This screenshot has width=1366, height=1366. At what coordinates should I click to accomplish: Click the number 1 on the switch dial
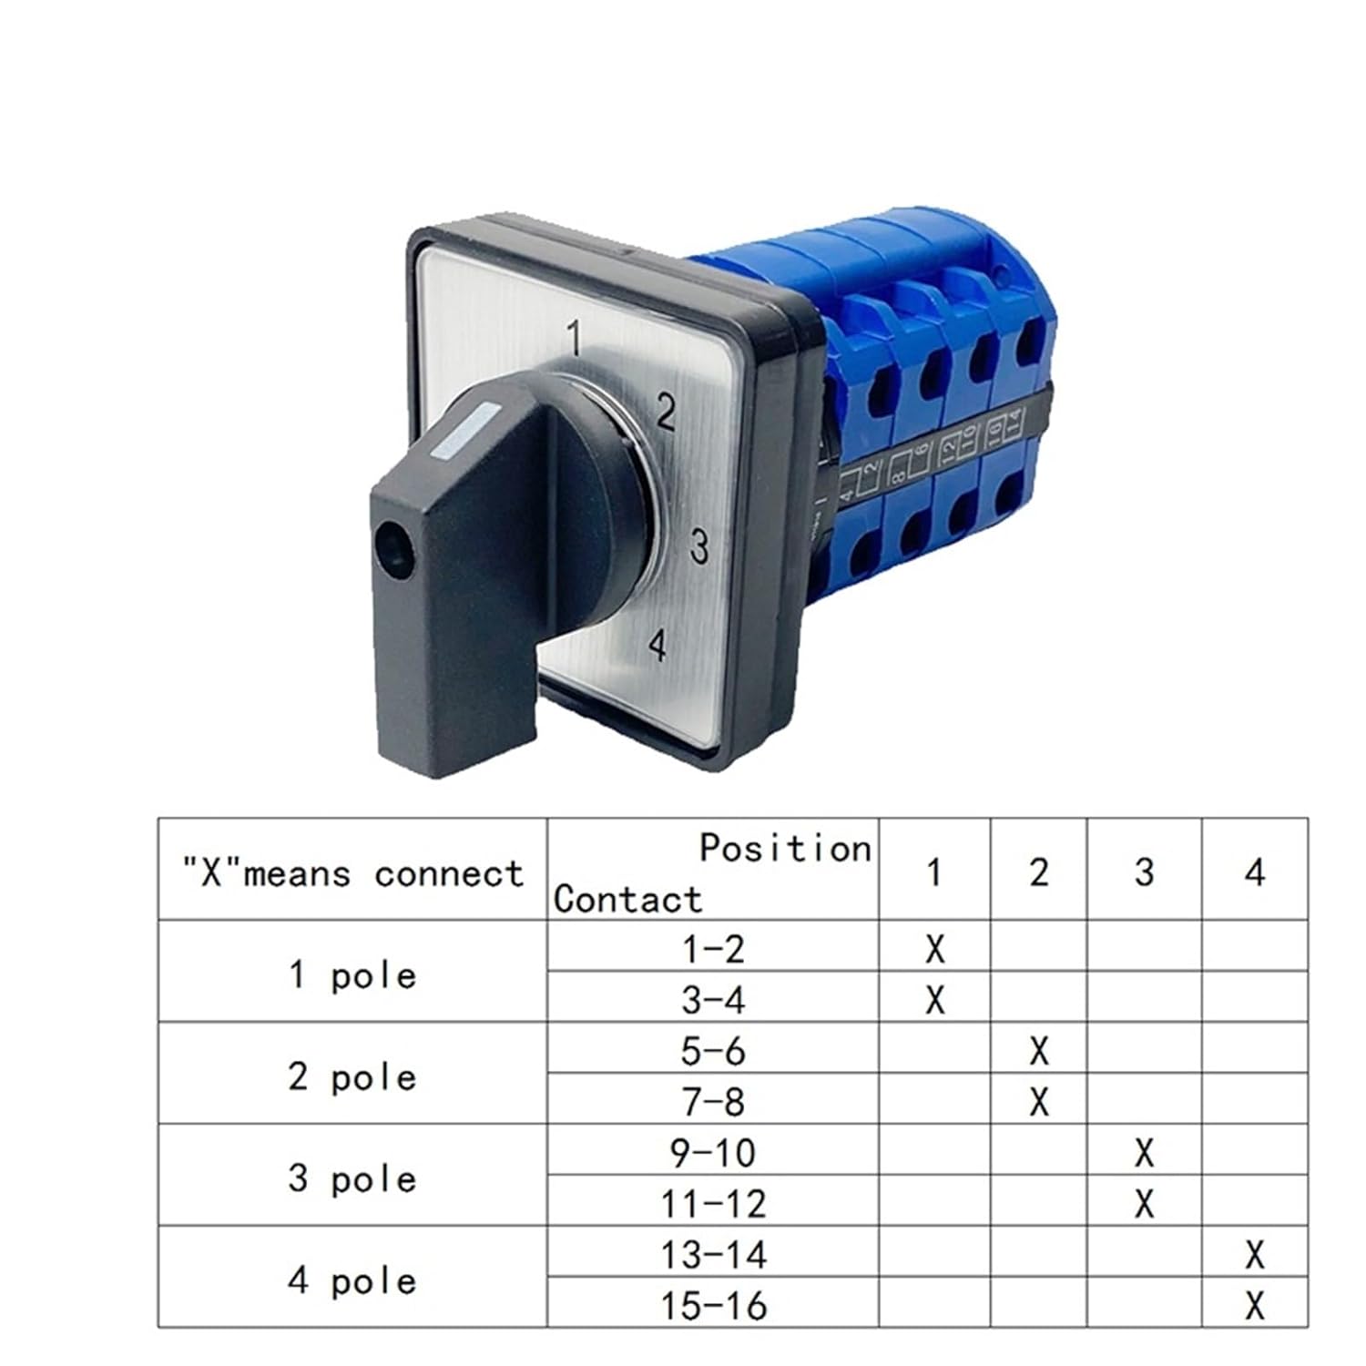tap(575, 339)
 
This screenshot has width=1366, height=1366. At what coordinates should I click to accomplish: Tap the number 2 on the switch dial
tap(667, 413)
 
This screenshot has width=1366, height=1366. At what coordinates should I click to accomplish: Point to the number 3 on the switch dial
tap(698, 546)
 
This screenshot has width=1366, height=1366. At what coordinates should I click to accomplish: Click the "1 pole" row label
tap(352, 975)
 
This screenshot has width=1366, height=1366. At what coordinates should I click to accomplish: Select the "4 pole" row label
tap(352, 1281)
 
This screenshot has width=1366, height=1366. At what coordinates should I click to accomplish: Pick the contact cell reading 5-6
tap(713, 1052)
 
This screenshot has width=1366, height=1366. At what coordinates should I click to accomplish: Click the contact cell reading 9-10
tap(713, 1154)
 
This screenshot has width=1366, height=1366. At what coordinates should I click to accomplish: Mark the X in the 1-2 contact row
tap(934, 950)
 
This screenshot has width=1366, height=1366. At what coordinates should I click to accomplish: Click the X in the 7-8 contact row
tap(1039, 1103)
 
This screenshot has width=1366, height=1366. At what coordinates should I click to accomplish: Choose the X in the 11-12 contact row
tap(1145, 1205)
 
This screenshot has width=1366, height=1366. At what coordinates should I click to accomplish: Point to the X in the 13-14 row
tap(1255, 1256)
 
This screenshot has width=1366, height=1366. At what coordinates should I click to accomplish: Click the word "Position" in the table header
tap(785, 848)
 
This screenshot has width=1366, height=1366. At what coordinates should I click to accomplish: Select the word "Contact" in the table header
tap(627, 899)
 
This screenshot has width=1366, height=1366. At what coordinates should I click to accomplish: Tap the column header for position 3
tap(1145, 872)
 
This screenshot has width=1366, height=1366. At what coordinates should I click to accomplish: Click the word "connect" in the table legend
tap(449, 874)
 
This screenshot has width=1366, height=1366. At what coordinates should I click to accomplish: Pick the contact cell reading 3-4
tap(713, 1001)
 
